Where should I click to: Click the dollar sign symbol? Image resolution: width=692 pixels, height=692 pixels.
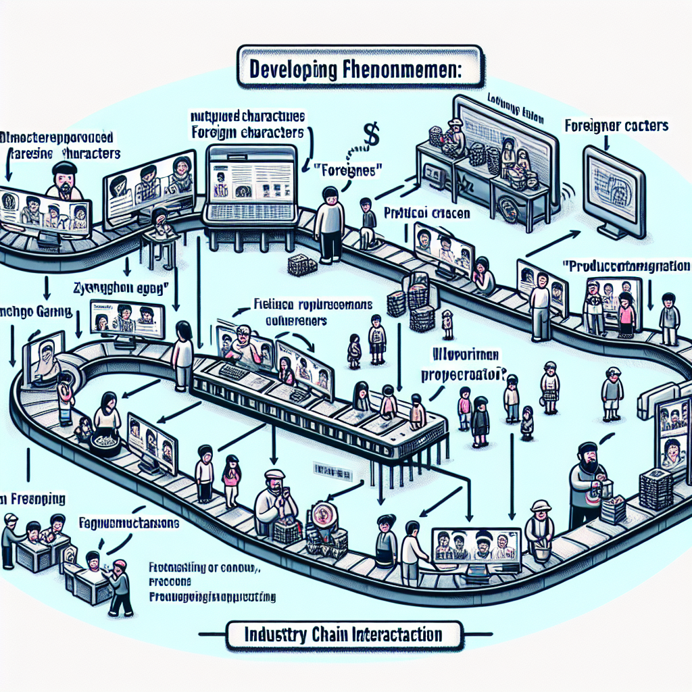click(x=370, y=132)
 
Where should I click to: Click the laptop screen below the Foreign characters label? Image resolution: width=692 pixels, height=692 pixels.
click(x=251, y=178)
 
